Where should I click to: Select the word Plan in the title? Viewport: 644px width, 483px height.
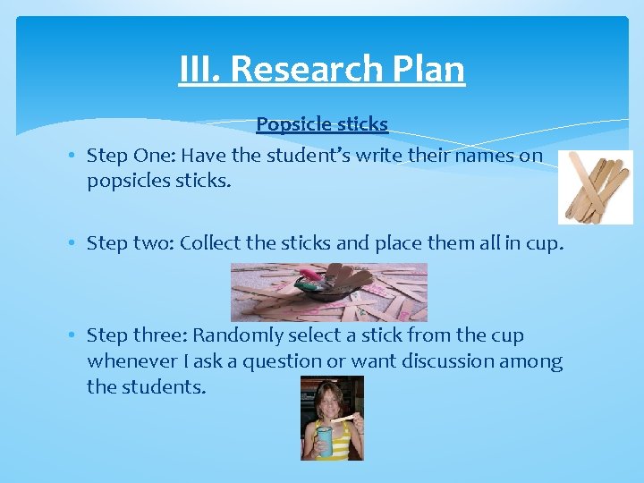(x=430, y=69)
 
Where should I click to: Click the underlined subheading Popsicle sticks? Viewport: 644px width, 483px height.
(x=322, y=123)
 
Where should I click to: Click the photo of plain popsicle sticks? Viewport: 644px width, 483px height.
(x=595, y=186)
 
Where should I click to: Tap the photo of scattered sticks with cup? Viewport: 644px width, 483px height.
(x=329, y=292)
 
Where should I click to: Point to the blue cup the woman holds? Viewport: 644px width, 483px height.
(x=324, y=441)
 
